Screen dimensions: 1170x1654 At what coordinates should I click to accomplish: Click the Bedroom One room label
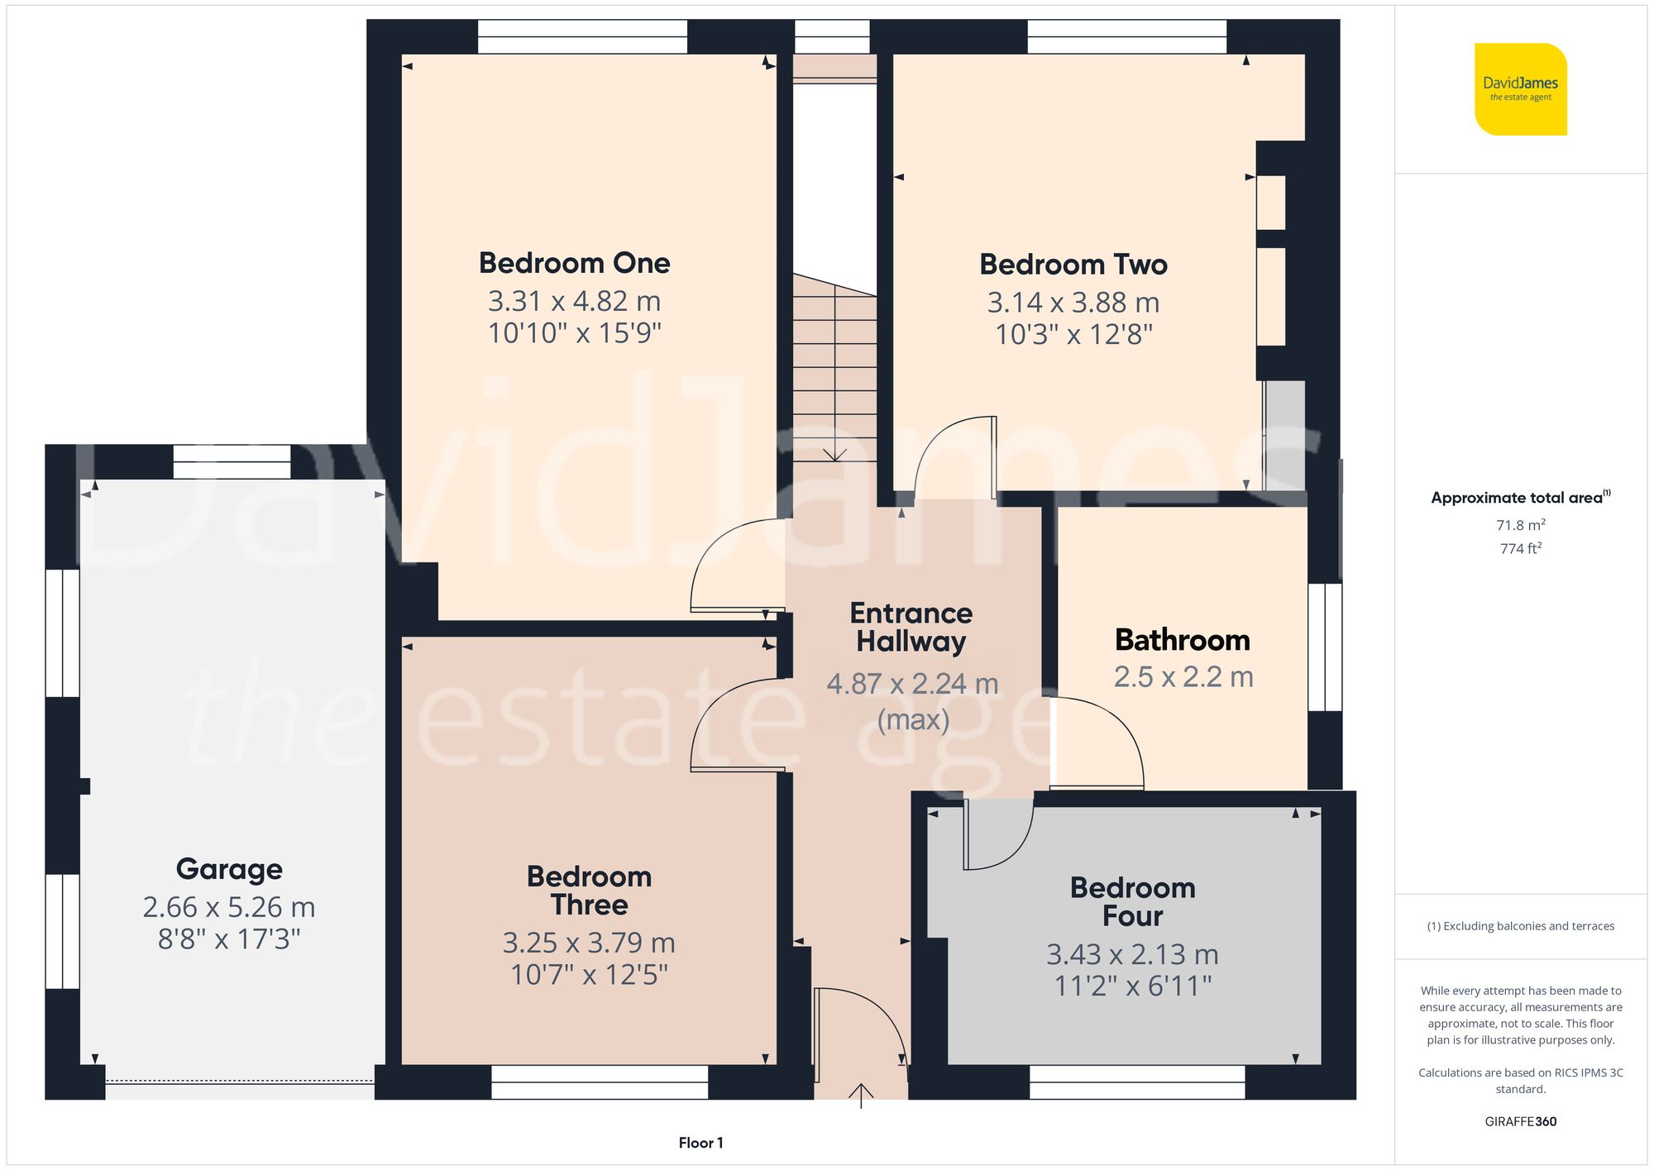pyautogui.click(x=574, y=263)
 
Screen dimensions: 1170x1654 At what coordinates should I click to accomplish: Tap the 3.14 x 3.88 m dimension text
pyautogui.click(x=1073, y=303)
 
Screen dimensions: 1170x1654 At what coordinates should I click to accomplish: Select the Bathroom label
pyautogui.click(x=1182, y=640)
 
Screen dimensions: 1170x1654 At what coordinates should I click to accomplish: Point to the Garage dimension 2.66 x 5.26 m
pyautogui.click(x=229, y=907)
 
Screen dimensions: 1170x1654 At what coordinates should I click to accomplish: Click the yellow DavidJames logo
pyautogui.click(x=1520, y=89)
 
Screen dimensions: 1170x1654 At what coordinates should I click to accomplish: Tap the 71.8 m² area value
pyautogui.click(x=1520, y=525)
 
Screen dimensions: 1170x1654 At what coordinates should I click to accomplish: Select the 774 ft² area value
pyautogui.click(x=1520, y=548)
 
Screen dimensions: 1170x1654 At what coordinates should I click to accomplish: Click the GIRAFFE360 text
pyautogui.click(x=1520, y=1121)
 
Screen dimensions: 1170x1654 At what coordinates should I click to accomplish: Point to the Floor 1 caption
pyautogui.click(x=700, y=1143)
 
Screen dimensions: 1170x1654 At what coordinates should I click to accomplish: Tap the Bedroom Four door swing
pyautogui.click(x=997, y=835)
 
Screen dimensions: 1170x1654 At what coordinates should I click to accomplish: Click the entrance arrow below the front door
pyautogui.click(x=861, y=1096)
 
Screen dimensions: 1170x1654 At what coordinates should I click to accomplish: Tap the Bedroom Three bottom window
pyautogui.click(x=600, y=1082)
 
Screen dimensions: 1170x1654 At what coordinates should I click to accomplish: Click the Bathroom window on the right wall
pyautogui.click(x=1325, y=647)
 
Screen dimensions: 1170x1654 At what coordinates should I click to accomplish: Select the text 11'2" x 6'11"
pyautogui.click(x=1132, y=986)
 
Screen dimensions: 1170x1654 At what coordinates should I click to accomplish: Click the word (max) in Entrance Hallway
pyautogui.click(x=912, y=719)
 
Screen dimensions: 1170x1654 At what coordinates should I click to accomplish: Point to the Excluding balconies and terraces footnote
pyautogui.click(x=1520, y=926)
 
